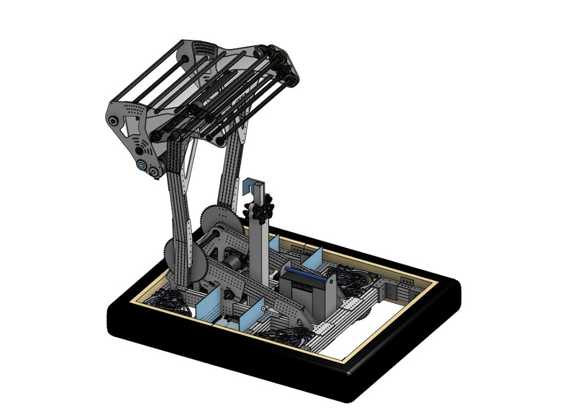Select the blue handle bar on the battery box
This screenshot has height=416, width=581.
[306, 275]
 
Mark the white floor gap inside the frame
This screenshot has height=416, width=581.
[363, 334]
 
